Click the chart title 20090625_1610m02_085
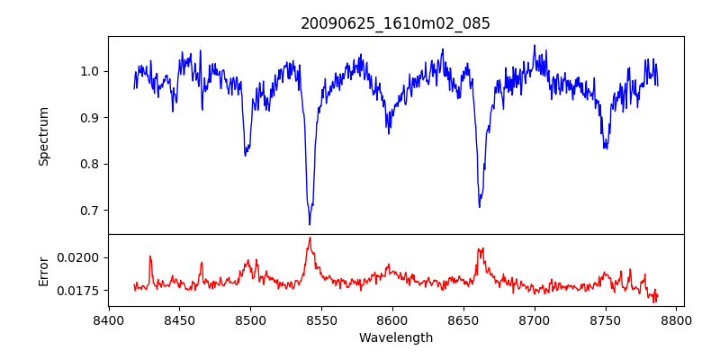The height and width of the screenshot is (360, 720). coord(395,23)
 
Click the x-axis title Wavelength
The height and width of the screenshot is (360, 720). coord(395,337)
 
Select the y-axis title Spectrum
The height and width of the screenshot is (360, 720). coord(43,136)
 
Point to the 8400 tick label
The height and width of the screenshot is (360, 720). coord(108,319)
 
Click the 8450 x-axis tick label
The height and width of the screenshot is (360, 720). coord(179,319)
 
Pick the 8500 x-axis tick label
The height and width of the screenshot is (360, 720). coord(250,319)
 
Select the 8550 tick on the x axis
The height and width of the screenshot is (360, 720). coord(321,319)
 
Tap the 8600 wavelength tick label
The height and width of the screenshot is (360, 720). coord(392,319)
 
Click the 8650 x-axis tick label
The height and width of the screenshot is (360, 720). coord(463,319)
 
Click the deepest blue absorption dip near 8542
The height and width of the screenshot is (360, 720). coord(310,224)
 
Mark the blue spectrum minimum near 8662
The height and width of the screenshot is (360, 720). coord(479,207)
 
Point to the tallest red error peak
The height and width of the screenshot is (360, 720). coord(310,238)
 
